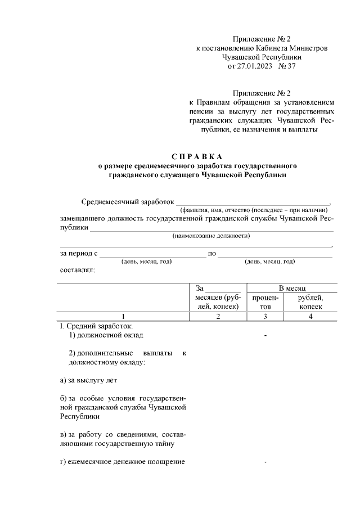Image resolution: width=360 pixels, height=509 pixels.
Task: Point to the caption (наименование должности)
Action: pyautogui.click(x=211, y=236)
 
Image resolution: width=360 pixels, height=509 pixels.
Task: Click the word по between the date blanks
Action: pyautogui.click(x=212, y=253)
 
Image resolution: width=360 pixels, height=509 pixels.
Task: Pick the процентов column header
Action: pyautogui.click(x=265, y=301)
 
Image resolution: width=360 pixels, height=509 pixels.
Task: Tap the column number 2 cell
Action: pyautogui.click(x=217, y=316)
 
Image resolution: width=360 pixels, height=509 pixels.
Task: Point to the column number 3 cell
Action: pyautogui.click(x=265, y=316)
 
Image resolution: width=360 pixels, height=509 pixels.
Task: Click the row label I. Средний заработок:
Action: pyautogui.click(x=97, y=326)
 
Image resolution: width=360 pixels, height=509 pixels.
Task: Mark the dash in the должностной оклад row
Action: pyautogui.click(x=265, y=336)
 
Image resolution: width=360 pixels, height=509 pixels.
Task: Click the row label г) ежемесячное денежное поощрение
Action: pyautogui.click(x=123, y=462)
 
